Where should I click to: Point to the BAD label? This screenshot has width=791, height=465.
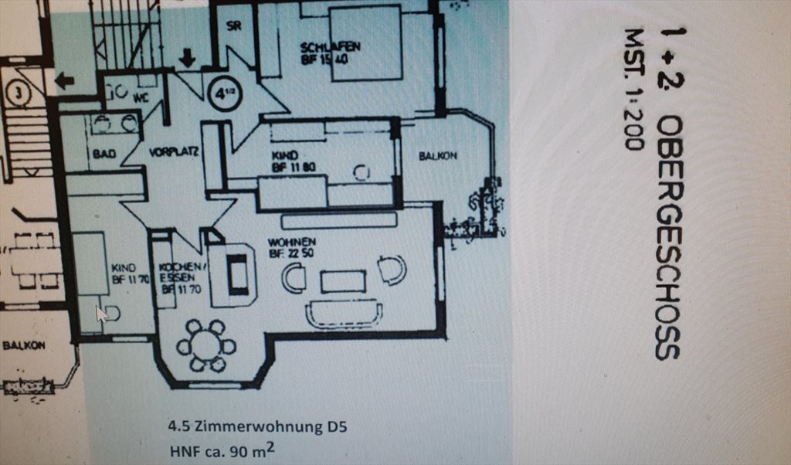(x=104, y=154)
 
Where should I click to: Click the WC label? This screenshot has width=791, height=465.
(x=141, y=98)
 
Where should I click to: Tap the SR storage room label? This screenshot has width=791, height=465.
(x=234, y=24)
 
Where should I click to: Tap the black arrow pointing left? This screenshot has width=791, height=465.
(x=64, y=80)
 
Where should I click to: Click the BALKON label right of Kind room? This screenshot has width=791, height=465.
(x=438, y=156)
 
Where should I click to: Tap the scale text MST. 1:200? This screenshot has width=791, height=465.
(x=634, y=90)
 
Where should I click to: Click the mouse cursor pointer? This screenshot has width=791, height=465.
(x=101, y=313)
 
